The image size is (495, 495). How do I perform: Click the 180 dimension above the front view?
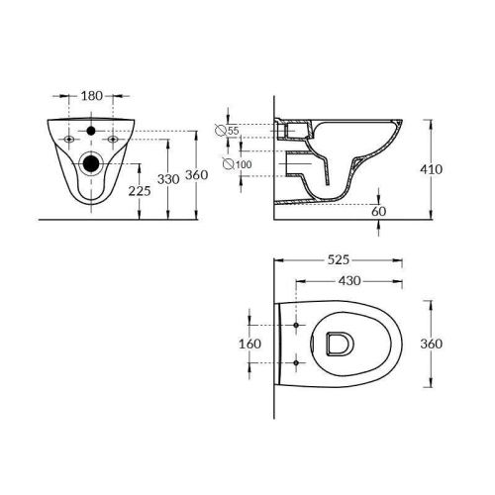coord(91,97)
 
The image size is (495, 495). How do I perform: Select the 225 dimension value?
coord(141,191)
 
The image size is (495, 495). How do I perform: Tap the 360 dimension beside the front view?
coord(197,175)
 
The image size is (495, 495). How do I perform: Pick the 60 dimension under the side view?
coord(377,210)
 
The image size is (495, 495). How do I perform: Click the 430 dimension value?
coord(348,281)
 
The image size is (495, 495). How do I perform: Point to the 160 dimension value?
coord(250,345)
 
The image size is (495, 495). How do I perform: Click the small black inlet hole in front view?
coord(91,130)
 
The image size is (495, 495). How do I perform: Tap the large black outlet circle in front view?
coord(91,163)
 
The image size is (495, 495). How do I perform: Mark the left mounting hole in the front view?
coord(66,141)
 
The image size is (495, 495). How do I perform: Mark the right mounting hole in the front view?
coord(116,141)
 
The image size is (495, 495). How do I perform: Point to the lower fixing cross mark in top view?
coord(295,365)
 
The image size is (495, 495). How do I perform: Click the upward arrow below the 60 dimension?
coord(377,228)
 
